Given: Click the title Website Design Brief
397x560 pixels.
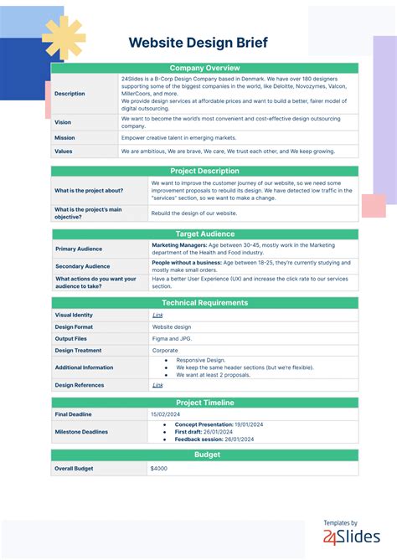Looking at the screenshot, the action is (x=204, y=42).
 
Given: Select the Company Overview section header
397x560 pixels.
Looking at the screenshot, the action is (x=204, y=68).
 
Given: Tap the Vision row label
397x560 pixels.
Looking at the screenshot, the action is (x=63, y=122).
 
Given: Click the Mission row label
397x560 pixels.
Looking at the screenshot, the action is (x=64, y=138).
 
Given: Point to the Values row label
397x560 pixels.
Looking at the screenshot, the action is (x=64, y=152).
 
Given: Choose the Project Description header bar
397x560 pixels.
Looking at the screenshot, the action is (x=204, y=171).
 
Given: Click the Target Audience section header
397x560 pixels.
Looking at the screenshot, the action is (x=204, y=234).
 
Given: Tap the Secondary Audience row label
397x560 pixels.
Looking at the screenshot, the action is (x=81, y=266).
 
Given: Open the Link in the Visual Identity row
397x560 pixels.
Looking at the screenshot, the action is (x=157, y=315).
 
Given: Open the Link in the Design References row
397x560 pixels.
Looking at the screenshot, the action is (x=157, y=385).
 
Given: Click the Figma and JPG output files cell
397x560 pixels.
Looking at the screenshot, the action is (x=171, y=339).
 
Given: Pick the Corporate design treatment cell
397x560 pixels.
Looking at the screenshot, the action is (x=165, y=351).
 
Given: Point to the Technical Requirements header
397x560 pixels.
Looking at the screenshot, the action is (x=204, y=302).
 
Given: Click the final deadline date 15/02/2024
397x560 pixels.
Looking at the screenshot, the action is (x=165, y=414).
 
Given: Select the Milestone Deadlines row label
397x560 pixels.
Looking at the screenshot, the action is (x=81, y=432).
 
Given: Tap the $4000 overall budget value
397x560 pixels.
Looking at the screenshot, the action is (x=159, y=469).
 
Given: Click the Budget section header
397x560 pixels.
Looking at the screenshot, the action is (x=204, y=455).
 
